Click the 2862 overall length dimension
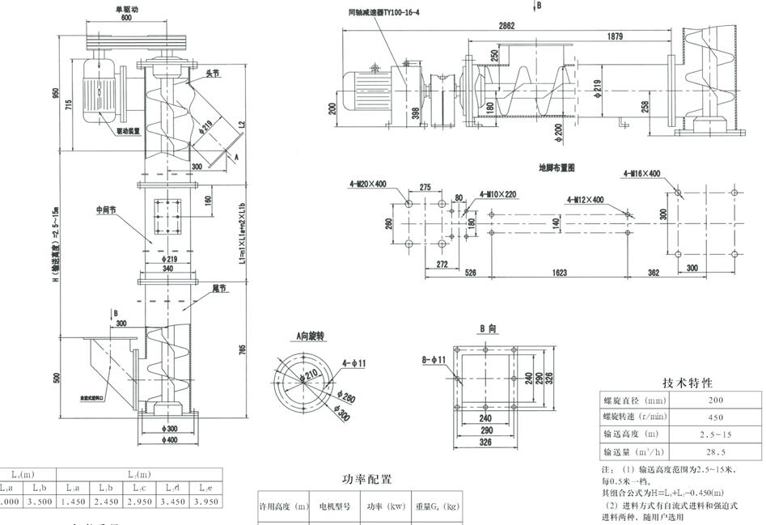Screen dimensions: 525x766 506,26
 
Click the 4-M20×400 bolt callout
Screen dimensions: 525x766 368,184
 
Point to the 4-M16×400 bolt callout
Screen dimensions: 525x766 642,174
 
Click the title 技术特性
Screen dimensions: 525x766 688,383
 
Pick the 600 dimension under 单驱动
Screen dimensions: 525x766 126,17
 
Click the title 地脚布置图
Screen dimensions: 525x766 557,168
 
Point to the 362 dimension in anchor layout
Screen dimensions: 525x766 654,273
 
